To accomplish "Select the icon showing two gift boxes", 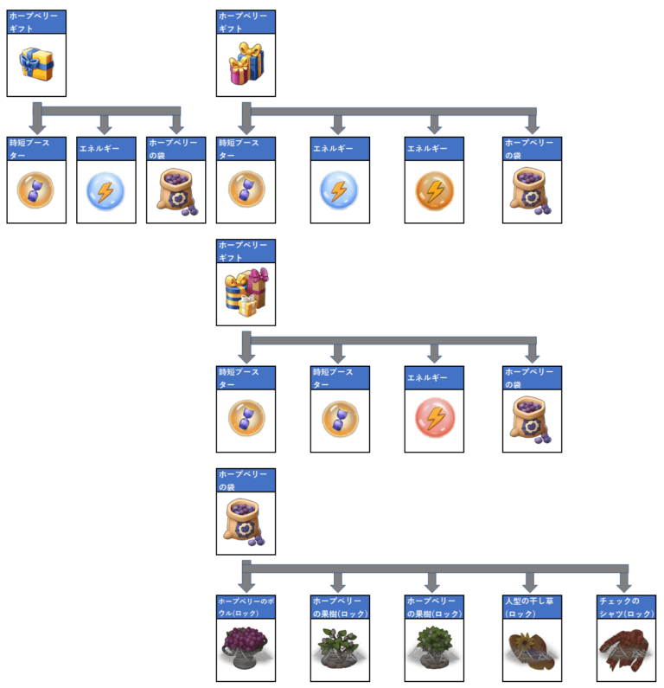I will click(x=246, y=62).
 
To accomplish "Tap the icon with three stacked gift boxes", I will click(x=246, y=292).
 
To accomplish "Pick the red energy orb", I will click(x=435, y=419).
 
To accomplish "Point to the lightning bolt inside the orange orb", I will click(x=435, y=190).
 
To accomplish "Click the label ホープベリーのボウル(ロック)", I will click(x=246, y=606).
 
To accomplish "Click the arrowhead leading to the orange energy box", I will click(x=434, y=127).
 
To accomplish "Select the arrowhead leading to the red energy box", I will click(x=434, y=356).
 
